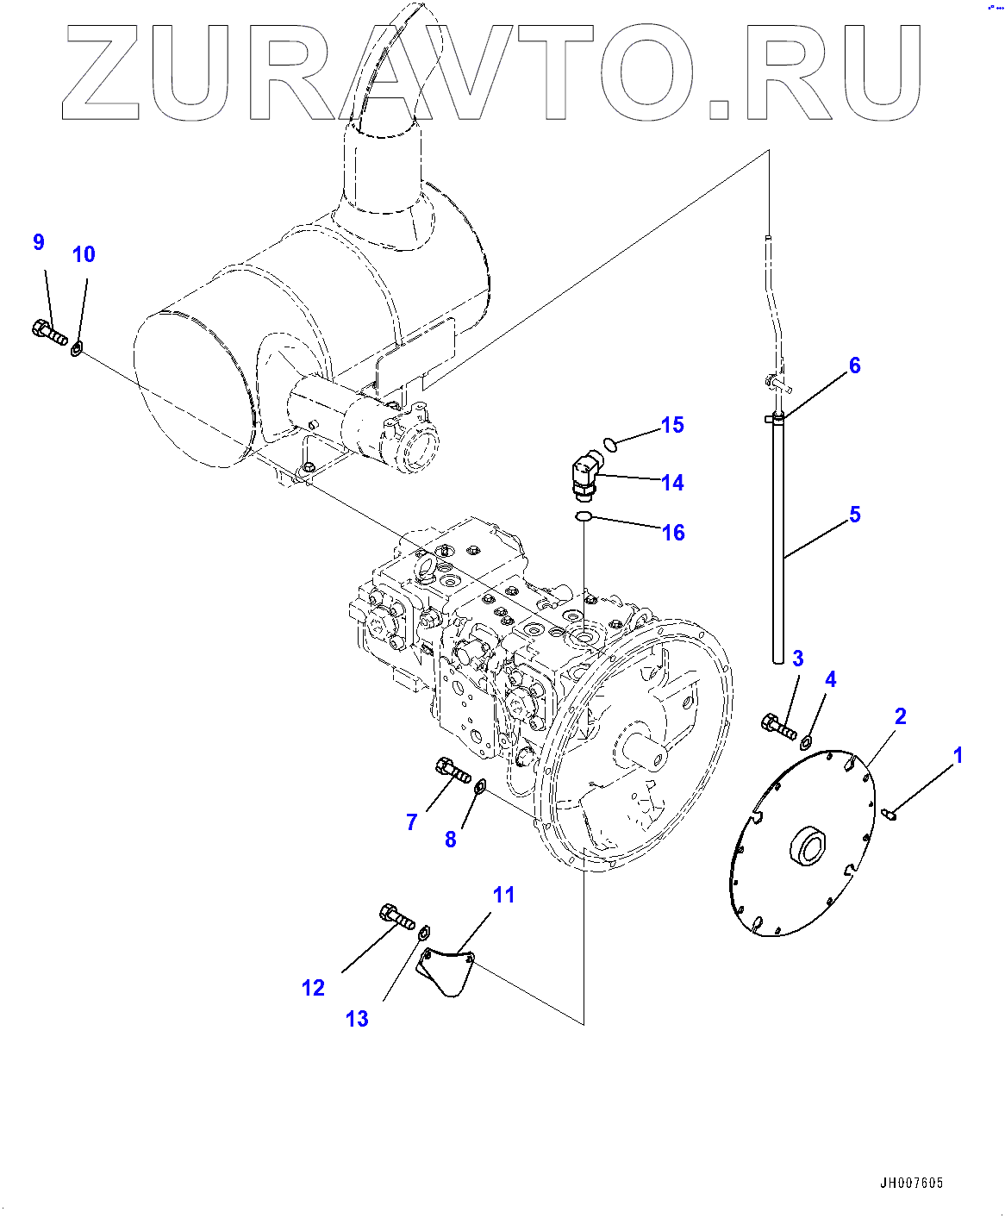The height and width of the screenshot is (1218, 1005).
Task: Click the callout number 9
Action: [x=38, y=242]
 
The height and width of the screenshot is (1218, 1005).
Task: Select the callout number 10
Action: [x=84, y=254]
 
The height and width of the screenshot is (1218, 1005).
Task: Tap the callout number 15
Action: [x=672, y=425]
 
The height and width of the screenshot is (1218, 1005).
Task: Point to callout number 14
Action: [x=672, y=483]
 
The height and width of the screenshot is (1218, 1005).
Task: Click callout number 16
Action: [x=673, y=533]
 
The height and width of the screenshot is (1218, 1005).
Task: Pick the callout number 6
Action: [x=854, y=365]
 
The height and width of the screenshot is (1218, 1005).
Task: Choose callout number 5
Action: [x=854, y=515]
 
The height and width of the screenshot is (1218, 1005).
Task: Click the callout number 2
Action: [x=900, y=716]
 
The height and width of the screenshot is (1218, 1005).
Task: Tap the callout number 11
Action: [x=503, y=895]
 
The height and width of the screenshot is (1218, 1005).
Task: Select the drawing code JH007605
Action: [x=911, y=1184]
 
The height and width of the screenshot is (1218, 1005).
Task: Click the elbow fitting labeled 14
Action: [x=584, y=477]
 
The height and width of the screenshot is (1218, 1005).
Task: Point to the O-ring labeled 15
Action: [x=610, y=444]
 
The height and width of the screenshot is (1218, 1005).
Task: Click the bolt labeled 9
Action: [x=50, y=333]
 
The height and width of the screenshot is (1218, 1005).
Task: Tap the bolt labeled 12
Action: [x=396, y=917]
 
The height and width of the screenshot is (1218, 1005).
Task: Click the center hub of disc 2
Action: [x=808, y=847]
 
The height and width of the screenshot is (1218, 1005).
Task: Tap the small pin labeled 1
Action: [x=891, y=812]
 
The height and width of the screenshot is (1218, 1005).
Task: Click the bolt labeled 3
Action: [x=779, y=727]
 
